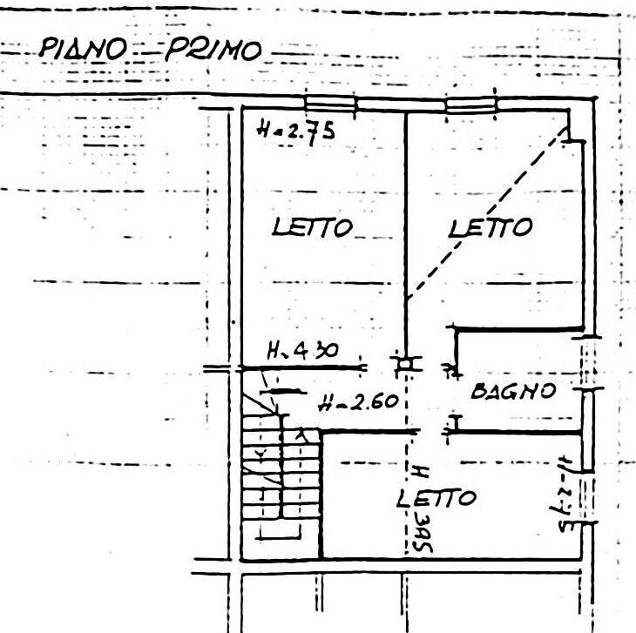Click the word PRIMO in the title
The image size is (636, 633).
tap(213, 51)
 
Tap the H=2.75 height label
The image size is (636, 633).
tap(297, 131)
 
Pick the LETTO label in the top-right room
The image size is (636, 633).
tap(490, 227)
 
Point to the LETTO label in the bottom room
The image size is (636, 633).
tap(436, 498)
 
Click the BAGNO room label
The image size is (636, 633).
tap(513, 391)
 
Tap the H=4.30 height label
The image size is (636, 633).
tap(302, 352)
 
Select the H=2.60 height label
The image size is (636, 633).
tap(358, 403)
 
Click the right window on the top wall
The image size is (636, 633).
tap(470, 104)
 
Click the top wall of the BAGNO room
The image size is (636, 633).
tap(518, 328)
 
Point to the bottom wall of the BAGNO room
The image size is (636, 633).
tap(518, 432)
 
